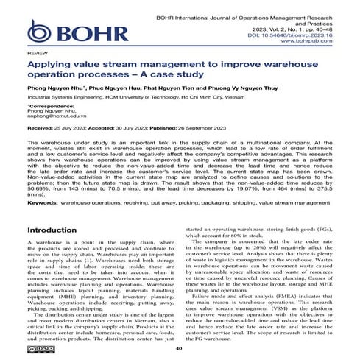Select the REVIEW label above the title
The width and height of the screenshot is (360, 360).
35,54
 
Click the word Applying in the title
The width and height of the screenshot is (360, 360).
49,65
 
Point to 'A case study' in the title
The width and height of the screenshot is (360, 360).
177,76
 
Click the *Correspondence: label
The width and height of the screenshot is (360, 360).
49,106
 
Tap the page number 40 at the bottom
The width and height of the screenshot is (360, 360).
180,350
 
